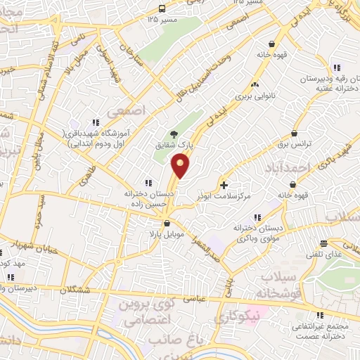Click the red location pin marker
(x=181, y=166)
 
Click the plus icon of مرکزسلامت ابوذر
(x=224, y=186)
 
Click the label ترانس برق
(x=292, y=143)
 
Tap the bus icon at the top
(x=162, y=9)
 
